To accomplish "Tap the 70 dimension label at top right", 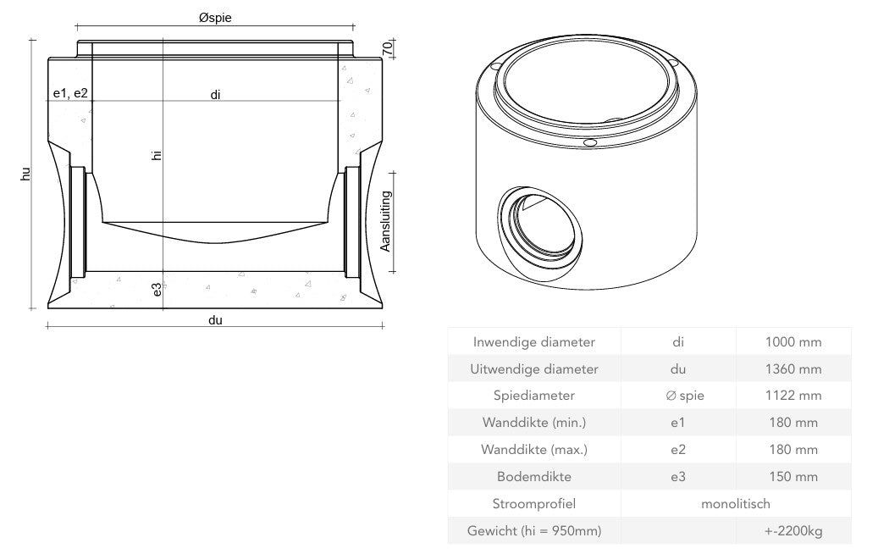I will pos(387,47).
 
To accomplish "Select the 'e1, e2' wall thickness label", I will pos(70,94).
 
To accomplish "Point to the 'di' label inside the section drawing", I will pos(216,95).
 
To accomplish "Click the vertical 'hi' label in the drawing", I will pos(157,155).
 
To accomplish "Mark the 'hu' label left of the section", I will pos(26,174).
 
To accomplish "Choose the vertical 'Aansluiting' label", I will pos(385,221).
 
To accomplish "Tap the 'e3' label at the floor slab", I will pos(157,290).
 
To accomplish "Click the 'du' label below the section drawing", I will pos(215,319).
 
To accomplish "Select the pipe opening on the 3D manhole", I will pos(538,223).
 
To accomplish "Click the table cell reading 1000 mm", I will pos(793,342).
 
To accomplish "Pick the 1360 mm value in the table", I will pos(793,369).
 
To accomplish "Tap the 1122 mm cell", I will pos(793,396).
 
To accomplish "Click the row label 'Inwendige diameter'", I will pos(533,342).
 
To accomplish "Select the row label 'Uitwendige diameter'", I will pos(533,369).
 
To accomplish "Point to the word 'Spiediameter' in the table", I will pos(533,396).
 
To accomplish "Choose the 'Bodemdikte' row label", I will pos(533,477).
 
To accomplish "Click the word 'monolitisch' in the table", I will pos(735,504).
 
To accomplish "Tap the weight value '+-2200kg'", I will pos(792,531).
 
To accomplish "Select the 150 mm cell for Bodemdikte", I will pos(793,477).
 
